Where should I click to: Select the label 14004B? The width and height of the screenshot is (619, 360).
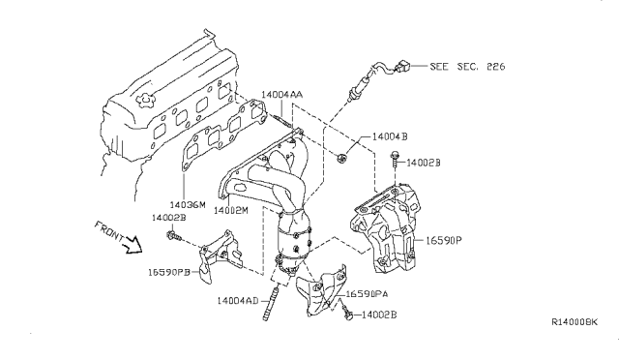pyautogui.click(x=390, y=138)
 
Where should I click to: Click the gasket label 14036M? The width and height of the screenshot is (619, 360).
pyautogui.click(x=188, y=205)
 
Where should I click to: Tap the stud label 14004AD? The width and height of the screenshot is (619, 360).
pyautogui.click(x=238, y=301)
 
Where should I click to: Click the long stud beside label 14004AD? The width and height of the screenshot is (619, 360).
pyautogui.click(x=278, y=293)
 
